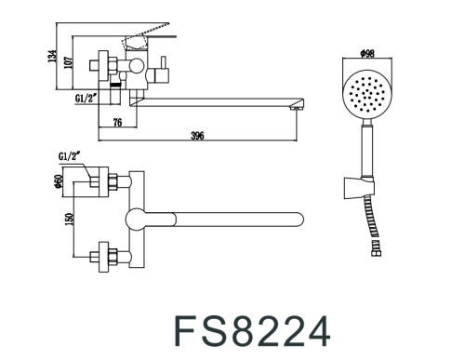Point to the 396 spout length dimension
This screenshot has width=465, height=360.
[x=197, y=137]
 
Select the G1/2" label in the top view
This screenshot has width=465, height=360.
[x=69, y=159]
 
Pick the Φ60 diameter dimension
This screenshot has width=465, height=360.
[x=58, y=180]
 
